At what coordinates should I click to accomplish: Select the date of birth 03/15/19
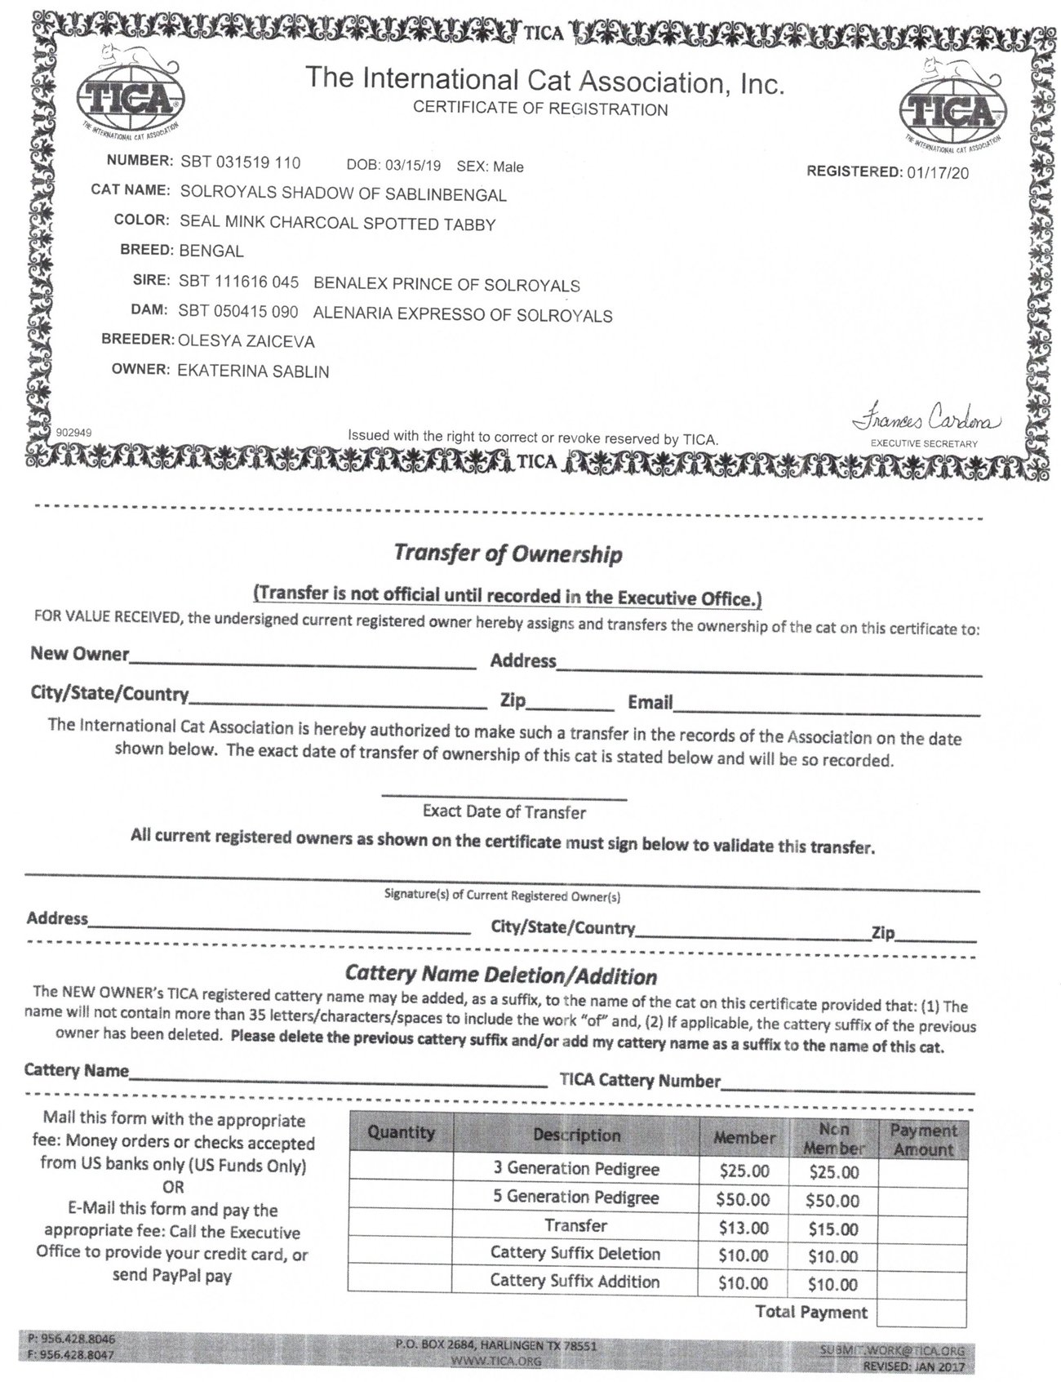point(412,166)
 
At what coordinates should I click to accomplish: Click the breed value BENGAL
point(211,251)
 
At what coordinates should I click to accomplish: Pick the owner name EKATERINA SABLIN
point(254,371)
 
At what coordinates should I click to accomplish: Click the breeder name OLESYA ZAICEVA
point(246,340)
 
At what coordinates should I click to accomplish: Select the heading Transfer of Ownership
point(508,554)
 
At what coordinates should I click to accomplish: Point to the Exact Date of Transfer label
point(504,812)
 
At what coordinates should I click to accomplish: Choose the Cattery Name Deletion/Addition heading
point(501,975)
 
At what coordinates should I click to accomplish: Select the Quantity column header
point(401,1133)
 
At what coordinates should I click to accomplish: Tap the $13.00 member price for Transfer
point(743,1228)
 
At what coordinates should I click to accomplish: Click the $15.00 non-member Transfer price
point(832,1229)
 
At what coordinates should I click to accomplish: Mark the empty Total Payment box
point(922,1313)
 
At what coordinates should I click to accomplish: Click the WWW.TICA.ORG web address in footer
point(495,1362)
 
